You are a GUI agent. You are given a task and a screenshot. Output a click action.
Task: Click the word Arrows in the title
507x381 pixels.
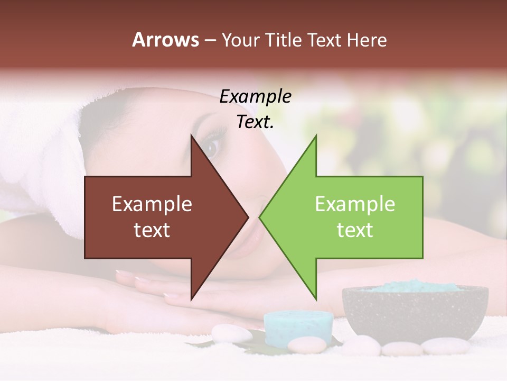tap(166, 40)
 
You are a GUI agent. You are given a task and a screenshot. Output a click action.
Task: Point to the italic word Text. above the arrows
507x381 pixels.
tap(256, 122)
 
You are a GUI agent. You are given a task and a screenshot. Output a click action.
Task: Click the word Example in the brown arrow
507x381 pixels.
tap(152, 204)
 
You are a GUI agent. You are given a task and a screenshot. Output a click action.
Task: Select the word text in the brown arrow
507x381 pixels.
tap(152, 230)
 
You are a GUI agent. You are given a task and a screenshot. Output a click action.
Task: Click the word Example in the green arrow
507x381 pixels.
tap(355, 204)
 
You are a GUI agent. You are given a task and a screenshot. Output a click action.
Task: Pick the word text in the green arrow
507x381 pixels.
tap(355, 230)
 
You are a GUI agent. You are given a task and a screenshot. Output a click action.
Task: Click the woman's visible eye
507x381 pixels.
tap(212, 147)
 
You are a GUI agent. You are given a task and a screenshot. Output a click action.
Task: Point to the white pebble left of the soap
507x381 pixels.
tap(231, 334)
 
